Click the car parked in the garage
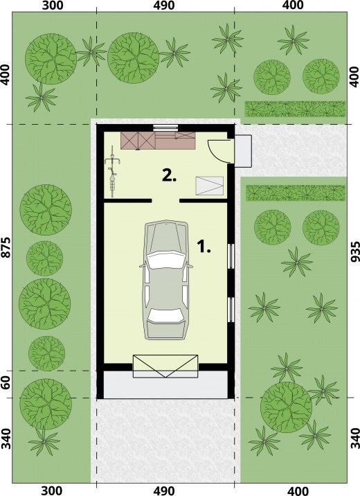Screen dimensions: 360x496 (x=165, y=281)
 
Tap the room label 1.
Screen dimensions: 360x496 (x=204, y=247)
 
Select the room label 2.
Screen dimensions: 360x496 (x=169, y=175)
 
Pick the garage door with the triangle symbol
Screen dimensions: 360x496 (x=165, y=366)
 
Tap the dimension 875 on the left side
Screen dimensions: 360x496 (x=7, y=247)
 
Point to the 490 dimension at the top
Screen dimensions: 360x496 (x=165, y=5)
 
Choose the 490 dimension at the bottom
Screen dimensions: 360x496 (x=165, y=491)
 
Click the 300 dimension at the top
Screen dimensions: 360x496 (x=53, y=5)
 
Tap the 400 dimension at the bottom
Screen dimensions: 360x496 (x=298, y=491)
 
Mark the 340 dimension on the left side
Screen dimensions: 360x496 (x=6, y=439)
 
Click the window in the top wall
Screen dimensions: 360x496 (x=165, y=127)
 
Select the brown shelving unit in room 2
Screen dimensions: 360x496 (x=158, y=141)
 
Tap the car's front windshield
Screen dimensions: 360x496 (x=165, y=260)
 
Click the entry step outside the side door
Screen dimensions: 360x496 (x=243, y=150)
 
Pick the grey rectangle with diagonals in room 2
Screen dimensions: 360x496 (x=210, y=186)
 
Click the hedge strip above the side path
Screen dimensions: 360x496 (x=295, y=109)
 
